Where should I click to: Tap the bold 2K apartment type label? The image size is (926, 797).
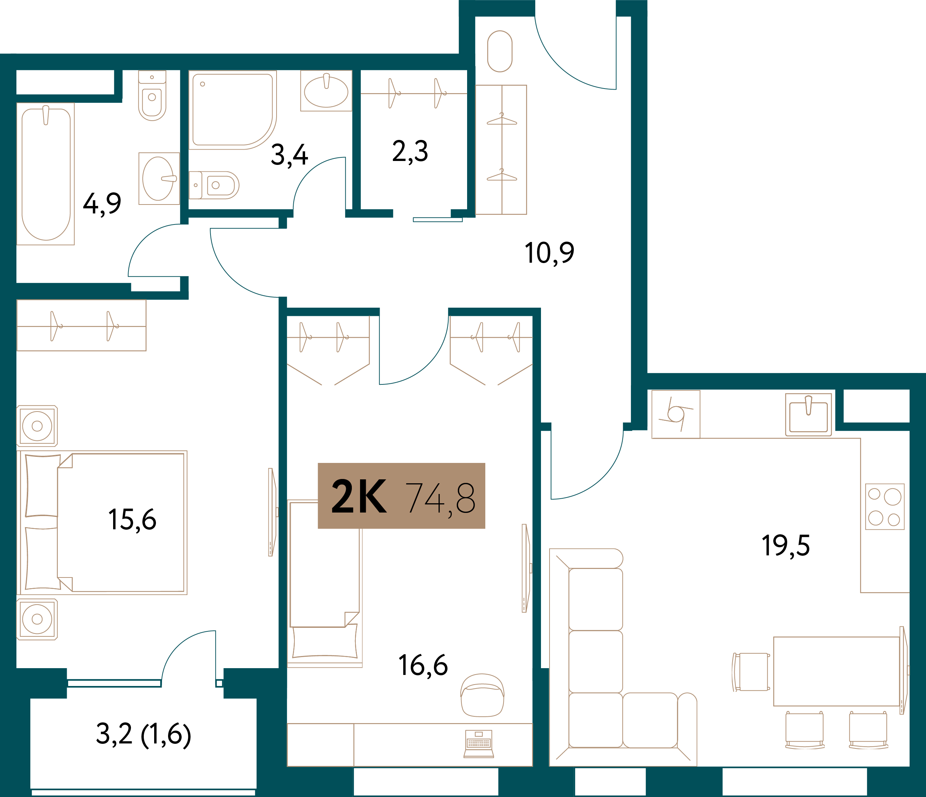click(x=359, y=496)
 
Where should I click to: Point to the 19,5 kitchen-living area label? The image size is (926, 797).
click(x=786, y=546)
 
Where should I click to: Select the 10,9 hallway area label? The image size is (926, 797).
click(x=549, y=253)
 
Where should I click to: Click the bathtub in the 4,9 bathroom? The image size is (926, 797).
click(x=46, y=174)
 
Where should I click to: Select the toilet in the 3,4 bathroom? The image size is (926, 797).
click(x=214, y=185)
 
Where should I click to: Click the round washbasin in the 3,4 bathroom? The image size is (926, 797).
click(x=326, y=91)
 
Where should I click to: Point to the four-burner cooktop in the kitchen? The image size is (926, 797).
click(x=885, y=506)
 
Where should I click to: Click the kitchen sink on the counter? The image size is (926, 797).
click(x=809, y=414)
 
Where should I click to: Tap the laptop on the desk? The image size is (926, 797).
click(x=479, y=744)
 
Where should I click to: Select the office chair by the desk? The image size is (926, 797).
click(x=482, y=695)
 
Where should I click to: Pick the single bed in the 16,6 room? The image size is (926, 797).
click(x=324, y=583)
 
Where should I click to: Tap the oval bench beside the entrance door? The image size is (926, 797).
click(x=500, y=51)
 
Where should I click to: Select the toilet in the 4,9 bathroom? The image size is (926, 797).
click(x=152, y=96)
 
